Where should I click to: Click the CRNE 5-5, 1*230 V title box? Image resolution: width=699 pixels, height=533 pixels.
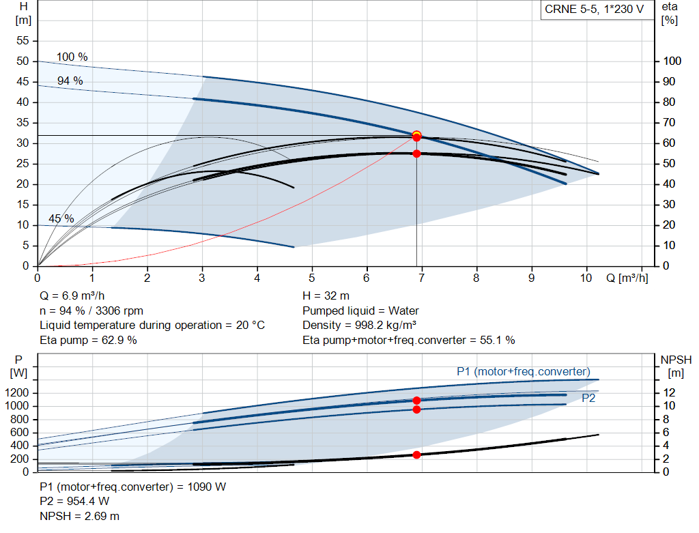coord(594,10)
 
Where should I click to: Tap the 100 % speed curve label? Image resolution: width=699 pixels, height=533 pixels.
coord(72,57)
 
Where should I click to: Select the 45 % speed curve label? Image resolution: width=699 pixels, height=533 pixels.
coord(61,219)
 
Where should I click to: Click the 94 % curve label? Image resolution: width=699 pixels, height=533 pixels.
coord(70,81)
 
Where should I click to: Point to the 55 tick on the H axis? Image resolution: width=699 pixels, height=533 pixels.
coord(24,41)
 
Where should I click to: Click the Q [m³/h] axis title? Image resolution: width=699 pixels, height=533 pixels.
coord(627,278)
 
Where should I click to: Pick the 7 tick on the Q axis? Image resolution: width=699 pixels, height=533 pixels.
coord(422,278)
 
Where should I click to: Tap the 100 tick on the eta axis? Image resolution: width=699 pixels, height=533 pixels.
coord(672,61)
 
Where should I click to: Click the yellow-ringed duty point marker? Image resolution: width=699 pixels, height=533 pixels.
coord(416,135)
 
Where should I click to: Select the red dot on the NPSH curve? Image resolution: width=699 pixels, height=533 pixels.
coord(416,455)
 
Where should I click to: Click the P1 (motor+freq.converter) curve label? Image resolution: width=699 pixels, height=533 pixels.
coord(523,371)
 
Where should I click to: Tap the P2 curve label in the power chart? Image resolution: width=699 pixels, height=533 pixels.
coord(588,399)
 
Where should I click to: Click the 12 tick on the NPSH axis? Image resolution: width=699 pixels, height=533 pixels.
coord(670,392)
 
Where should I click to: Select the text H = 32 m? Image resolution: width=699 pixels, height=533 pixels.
coord(326,296)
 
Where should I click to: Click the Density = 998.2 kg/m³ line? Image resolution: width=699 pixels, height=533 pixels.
coord(359,325)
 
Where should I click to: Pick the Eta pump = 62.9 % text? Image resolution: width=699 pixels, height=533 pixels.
coord(88,339)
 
